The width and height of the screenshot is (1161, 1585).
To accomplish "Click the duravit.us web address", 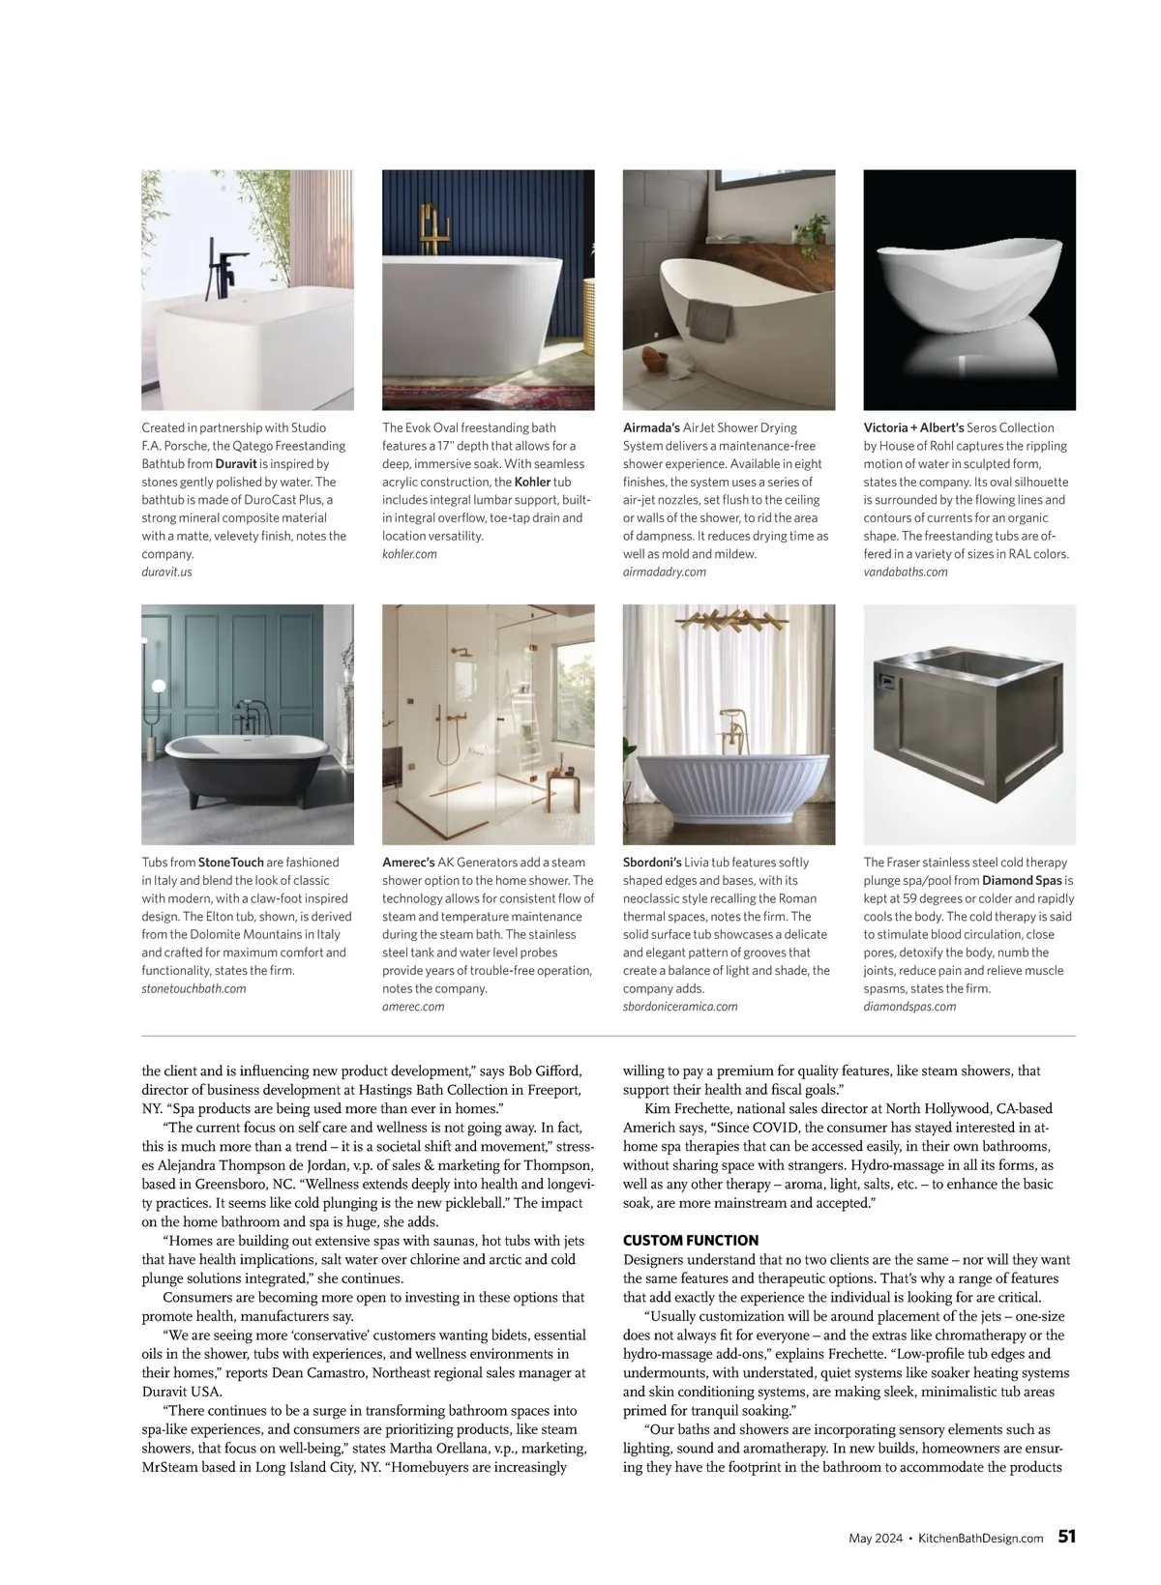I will click(166, 572).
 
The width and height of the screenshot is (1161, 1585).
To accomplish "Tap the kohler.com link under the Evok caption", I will click(409, 554).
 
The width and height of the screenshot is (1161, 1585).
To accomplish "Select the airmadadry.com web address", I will click(664, 572).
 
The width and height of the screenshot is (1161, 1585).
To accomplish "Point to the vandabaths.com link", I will click(906, 572).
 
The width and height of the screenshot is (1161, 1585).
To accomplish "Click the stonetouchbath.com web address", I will click(193, 988).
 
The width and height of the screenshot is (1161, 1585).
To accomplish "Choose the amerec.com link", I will click(413, 1007).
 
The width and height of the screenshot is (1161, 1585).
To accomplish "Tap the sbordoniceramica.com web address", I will click(680, 1007).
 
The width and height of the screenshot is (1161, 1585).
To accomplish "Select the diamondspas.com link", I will click(909, 1007).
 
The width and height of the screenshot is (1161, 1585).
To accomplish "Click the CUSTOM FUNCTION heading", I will click(691, 1240).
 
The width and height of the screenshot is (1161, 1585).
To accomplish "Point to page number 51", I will click(1066, 1537).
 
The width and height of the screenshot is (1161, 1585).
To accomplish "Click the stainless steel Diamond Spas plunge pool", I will click(967, 725).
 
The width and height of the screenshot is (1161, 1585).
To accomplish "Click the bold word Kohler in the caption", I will click(532, 482).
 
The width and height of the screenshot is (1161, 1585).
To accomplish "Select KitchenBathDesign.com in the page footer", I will click(980, 1538).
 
